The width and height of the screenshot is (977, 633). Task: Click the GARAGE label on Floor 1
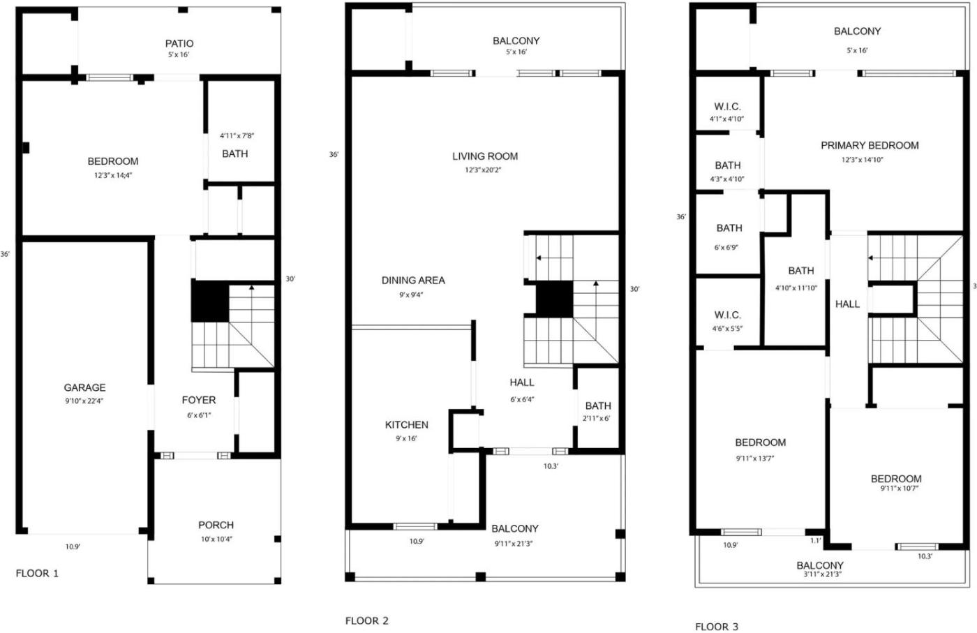coord(84,387)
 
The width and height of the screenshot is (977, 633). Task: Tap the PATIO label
coord(179,44)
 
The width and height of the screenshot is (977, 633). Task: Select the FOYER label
coord(199,400)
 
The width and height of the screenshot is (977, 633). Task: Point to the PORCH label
coord(216,525)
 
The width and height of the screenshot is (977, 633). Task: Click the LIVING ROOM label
coord(485,156)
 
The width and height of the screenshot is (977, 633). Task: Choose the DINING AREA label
coord(413,281)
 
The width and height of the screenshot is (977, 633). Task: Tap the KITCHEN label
coord(406,425)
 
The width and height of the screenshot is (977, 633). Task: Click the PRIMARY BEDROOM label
coord(870,145)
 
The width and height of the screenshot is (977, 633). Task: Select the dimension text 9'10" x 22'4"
coord(84,401)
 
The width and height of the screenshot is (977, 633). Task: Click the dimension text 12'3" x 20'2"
coord(483,170)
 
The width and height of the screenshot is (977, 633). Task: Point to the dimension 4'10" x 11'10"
coord(796,288)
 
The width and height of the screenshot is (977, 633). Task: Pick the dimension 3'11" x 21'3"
coord(822,574)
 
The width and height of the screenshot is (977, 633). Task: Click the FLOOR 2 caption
coord(367,620)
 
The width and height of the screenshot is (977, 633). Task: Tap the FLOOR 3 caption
coord(717,627)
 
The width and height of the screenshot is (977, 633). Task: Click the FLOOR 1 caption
coord(37,573)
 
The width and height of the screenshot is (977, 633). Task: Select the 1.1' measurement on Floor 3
coord(816,541)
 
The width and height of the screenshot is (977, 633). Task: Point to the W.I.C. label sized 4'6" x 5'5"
coord(727,315)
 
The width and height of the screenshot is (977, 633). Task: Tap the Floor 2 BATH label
coord(598,405)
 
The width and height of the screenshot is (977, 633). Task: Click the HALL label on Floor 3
coord(847,304)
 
